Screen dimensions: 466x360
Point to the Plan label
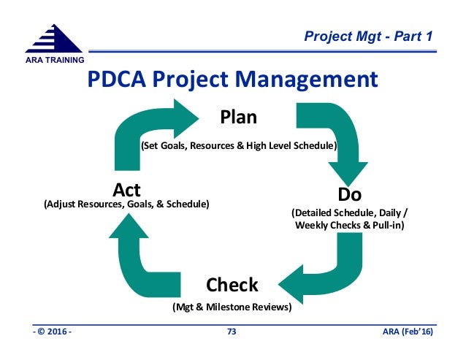tap(239, 117)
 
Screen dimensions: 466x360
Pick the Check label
tap(232, 283)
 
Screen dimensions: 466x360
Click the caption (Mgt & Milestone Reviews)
tap(232, 307)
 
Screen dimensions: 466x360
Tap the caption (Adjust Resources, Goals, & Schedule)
tap(127, 204)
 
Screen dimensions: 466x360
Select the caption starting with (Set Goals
tap(239, 146)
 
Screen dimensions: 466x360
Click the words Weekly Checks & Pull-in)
tap(350, 225)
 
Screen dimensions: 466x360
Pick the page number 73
tap(232, 333)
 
